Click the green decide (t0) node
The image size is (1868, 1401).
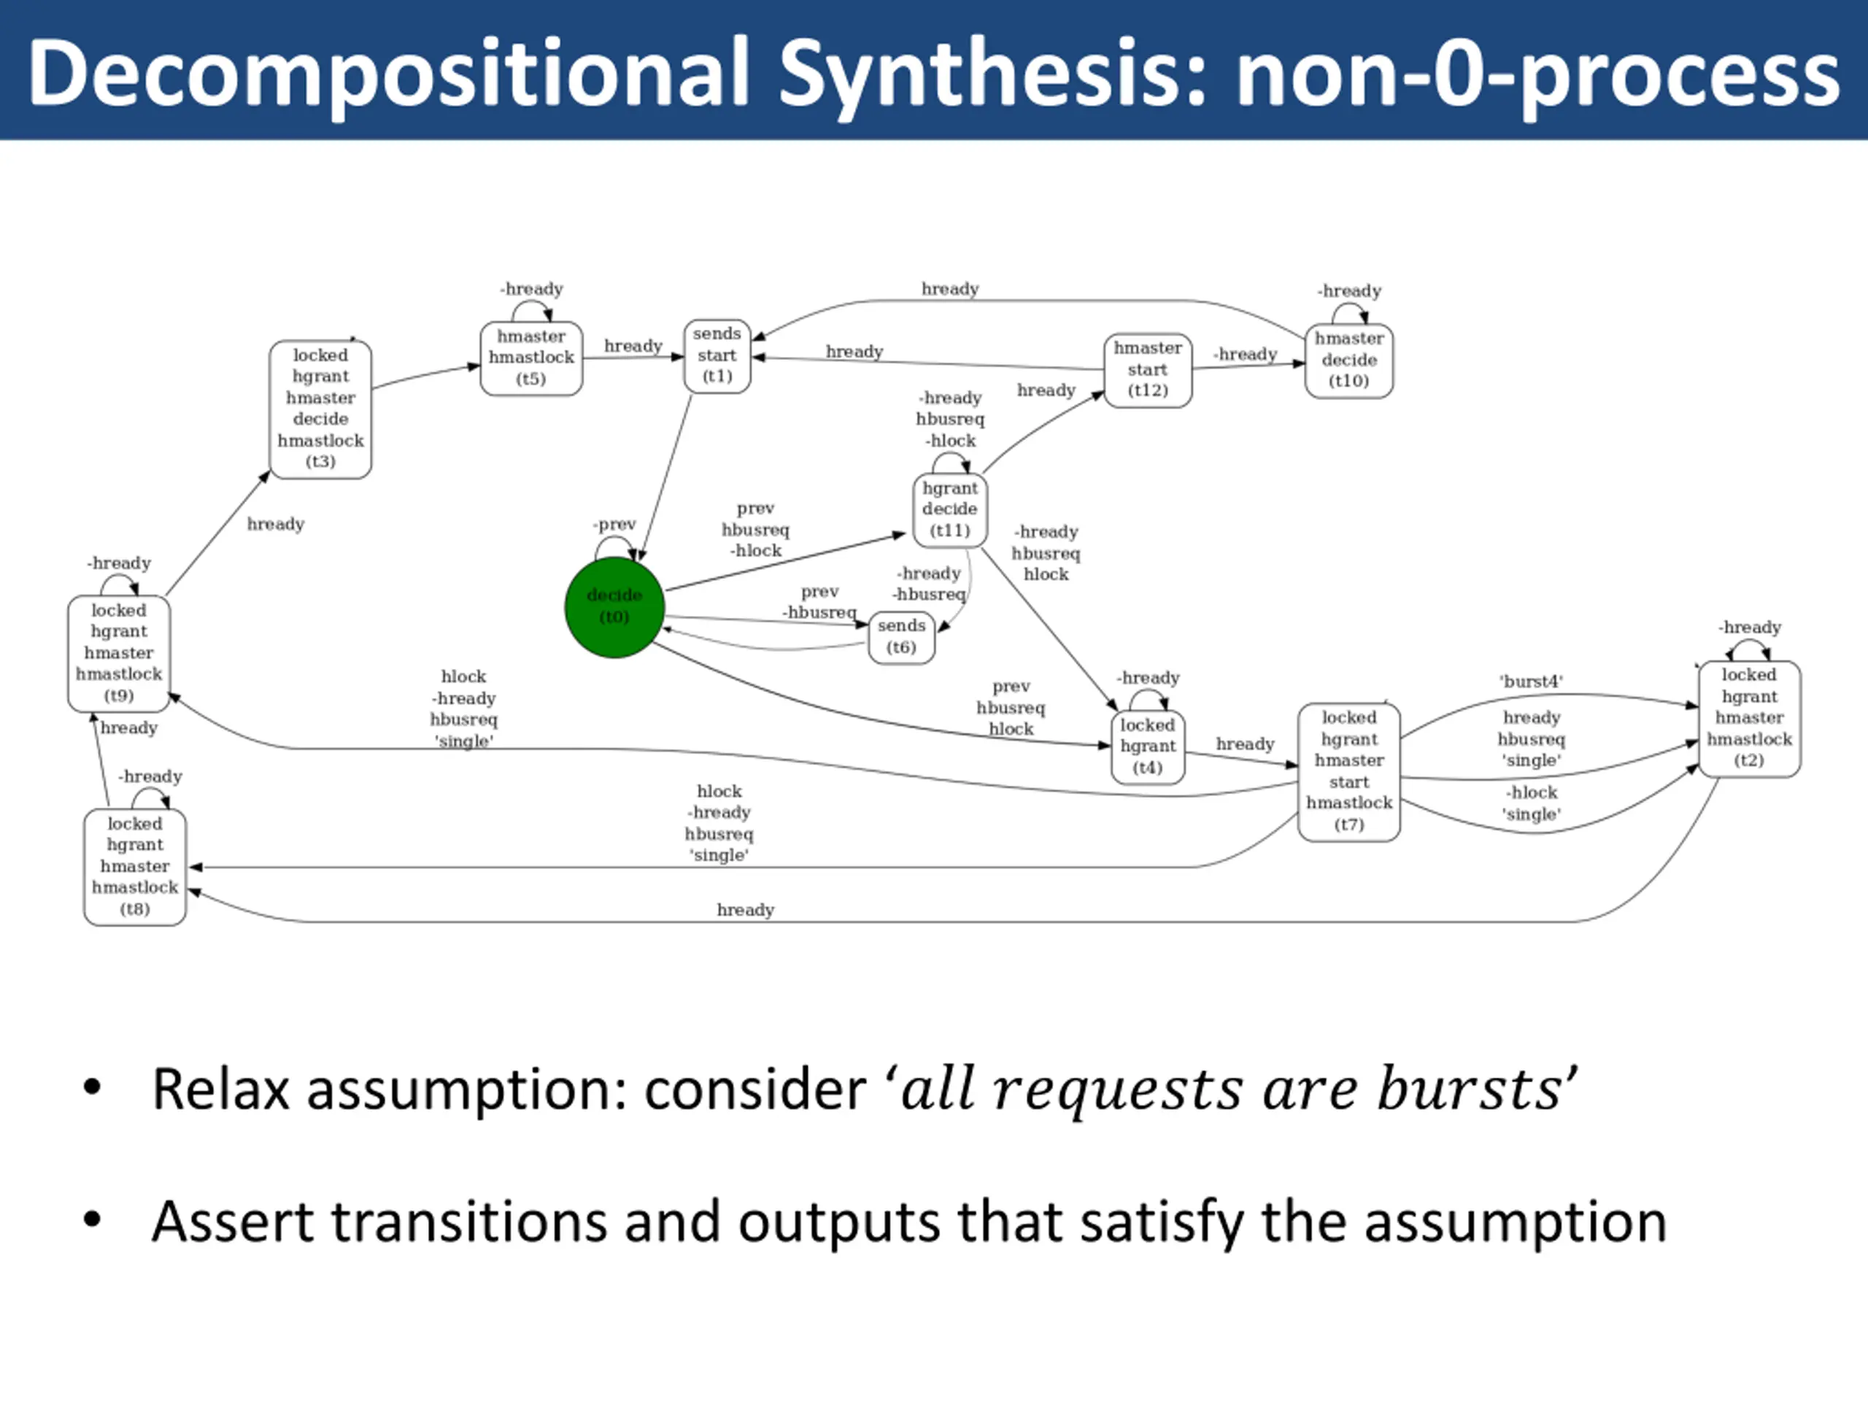[x=614, y=606]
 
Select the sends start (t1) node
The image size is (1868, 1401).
[x=717, y=355]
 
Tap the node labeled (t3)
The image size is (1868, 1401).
[x=320, y=409]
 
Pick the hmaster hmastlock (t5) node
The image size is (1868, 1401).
[x=531, y=358]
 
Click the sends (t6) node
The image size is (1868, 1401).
[x=901, y=637]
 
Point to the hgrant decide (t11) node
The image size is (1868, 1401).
[x=949, y=509]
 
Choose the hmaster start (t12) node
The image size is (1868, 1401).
[x=1148, y=369]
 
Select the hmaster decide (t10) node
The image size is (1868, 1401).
[x=1348, y=360]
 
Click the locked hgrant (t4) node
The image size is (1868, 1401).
[x=1148, y=746]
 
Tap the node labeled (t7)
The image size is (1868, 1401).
[x=1348, y=771]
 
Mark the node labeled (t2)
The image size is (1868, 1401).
[x=1749, y=718]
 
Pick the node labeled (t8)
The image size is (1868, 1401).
[x=135, y=866]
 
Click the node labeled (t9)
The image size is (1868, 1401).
[x=119, y=653]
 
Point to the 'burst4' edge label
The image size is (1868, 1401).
[x=1531, y=682]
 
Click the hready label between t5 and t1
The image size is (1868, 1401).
[x=633, y=347]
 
